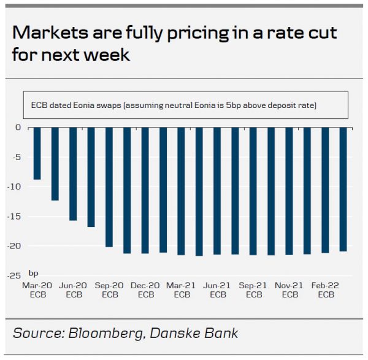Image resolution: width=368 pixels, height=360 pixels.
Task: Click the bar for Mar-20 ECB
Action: (37, 153)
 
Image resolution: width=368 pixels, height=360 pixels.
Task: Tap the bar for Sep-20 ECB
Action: (109, 187)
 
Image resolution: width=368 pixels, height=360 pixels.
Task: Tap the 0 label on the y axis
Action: (19, 128)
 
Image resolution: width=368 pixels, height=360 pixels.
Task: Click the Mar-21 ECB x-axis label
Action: (182, 290)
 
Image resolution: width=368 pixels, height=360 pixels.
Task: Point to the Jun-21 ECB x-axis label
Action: (217, 290)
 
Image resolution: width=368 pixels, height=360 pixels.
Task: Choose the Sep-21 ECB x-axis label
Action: (253, 290)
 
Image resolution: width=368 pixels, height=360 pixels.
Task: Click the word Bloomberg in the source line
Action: (102, 334)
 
